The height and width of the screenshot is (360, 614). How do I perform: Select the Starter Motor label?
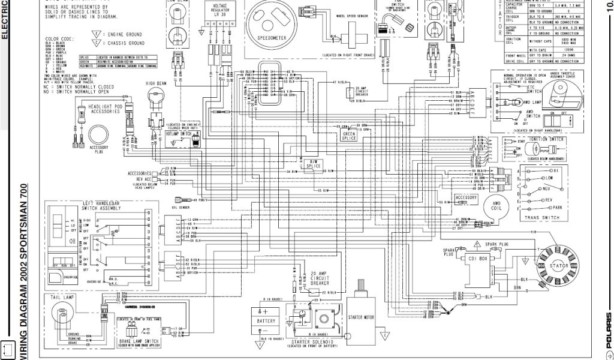click(x=360, y=316)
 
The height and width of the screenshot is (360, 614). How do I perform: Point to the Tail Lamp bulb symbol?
click(x=62, y=312)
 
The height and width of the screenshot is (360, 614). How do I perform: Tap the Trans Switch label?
click(x=537, y=217)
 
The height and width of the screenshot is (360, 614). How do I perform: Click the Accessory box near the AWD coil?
click(x=466, y=197)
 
